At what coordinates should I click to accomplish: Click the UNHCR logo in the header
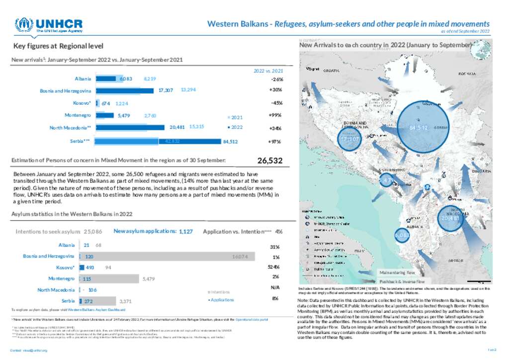coord(48,25)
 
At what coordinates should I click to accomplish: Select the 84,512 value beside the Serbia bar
coord(230,141)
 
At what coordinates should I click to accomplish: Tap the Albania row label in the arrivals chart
coord(83,79)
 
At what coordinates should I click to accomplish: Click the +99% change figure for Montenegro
coord(276,115)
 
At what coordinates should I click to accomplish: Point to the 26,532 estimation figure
coord(270,161)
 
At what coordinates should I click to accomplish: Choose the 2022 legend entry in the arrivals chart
coord(235,127)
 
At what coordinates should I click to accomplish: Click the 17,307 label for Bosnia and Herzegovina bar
coord(166,90)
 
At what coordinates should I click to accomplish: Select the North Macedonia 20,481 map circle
coord(450,218)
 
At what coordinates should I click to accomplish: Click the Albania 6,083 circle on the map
coord(402,235)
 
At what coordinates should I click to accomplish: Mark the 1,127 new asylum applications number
coord(185,231)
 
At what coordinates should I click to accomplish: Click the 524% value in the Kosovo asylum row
coord(274,267)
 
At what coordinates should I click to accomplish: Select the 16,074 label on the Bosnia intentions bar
coord(240,257)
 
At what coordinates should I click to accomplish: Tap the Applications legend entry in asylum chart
coord(221,300)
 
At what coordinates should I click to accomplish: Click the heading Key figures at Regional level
coord(58,46)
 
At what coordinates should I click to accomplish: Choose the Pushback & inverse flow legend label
coord(396,281)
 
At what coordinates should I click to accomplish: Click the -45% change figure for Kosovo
coord(276,103)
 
